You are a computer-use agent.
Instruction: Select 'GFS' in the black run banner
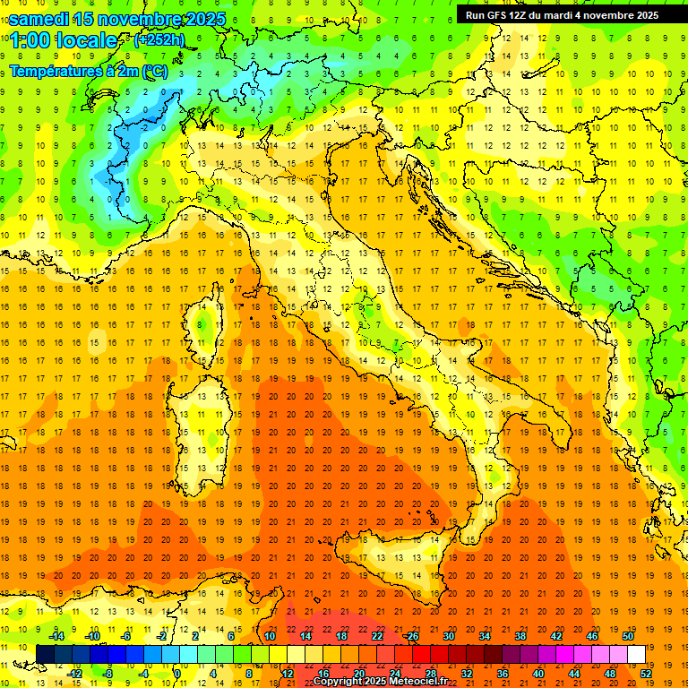click(497, 14)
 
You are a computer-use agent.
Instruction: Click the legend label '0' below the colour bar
click(177, 673)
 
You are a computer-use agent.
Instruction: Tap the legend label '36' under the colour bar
click(502, 673)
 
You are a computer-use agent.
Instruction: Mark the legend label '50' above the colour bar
click(629, 635)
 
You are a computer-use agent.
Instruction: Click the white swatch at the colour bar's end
click(637, 654)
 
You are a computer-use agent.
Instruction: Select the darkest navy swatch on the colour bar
click(45, 654)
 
